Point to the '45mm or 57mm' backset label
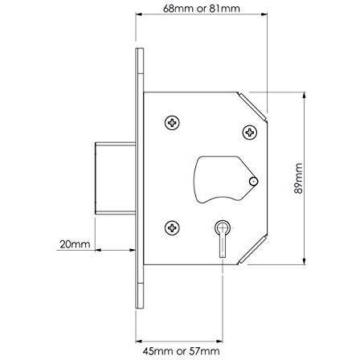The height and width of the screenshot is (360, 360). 182,352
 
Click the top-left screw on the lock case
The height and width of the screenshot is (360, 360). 172,122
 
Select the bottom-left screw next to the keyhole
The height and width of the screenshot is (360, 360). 171,228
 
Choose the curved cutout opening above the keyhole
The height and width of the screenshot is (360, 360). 219,177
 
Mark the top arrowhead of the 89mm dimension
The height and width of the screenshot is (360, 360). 304,96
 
